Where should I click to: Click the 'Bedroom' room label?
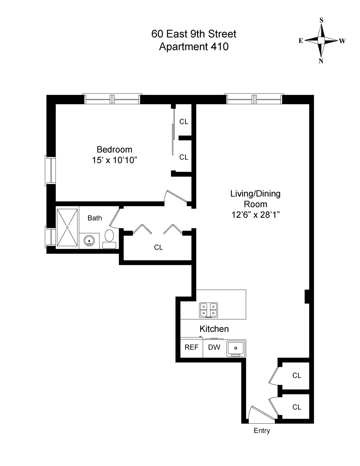pyautogui.click(x=114, y=149)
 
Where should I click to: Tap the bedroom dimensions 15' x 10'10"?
pyautogui.click(x=114, y=160)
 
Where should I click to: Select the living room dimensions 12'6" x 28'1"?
pyautogui.click(x=255, y=215)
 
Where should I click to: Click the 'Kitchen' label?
pyautogui.click(x=214, y=329)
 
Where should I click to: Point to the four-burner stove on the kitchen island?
pyautogui.click(x=208, y=310)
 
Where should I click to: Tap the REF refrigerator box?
pyautogui.click(x=191, y=347)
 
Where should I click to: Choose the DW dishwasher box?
pyautogui.click(x=214, y=347)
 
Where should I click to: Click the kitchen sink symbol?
pyautogui.click(x=236, y=348)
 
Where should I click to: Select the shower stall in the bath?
pyautogui.click(x=67, y=227)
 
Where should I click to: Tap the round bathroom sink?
pyautogui.click(x=89, y=241)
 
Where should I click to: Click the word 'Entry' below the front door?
pyautogui.click(x=262, y=431)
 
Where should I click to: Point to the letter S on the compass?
pyautogui.click(x=321, y=20)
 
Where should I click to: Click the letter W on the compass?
pyautogui.click(x=342, y=41)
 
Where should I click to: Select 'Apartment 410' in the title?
pyautogui.click(x=193, y=47)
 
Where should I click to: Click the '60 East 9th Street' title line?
pyautogui.click(x=193, y=34)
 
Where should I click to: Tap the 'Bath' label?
pyautogui.click(x=95, y=218)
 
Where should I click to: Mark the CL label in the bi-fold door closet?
pyautogui.click(x=158, y=247)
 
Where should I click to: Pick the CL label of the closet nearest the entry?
pyautogui.click(x=297, y=407)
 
